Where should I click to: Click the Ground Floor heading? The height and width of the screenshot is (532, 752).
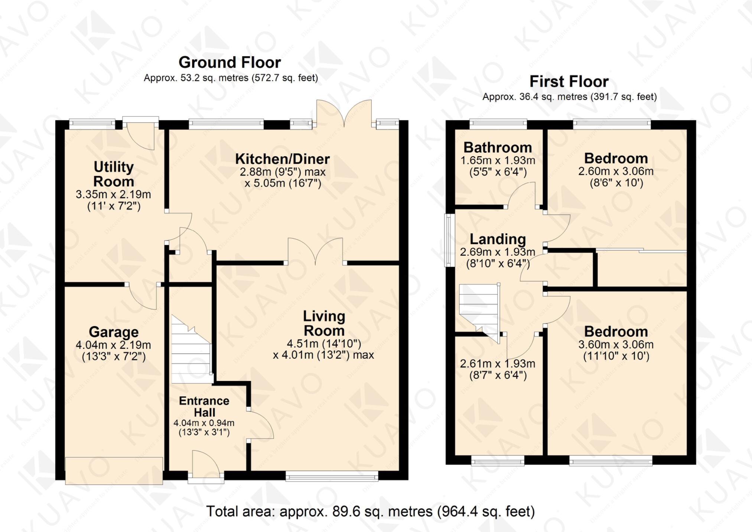click(229, 62)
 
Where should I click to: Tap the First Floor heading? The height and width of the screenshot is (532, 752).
click(569, 81)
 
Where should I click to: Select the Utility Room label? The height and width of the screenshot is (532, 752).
click(114, 174)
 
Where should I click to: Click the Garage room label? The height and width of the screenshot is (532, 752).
click(114, 332)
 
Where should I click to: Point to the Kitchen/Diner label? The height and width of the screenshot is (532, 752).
click(282, 159)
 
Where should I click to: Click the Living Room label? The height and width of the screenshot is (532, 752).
click(324, 323)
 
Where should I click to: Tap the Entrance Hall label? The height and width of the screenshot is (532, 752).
click(204, 406)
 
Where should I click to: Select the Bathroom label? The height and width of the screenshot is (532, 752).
click(498, 148)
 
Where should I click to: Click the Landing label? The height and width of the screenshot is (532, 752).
click(498, 239)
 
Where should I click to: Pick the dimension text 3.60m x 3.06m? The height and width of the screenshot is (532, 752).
click(616, 345)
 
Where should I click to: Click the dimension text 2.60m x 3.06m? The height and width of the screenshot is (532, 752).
click(616, 171)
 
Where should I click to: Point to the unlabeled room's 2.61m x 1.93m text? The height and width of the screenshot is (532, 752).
click(498, 364)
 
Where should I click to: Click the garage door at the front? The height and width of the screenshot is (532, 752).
click(114, 471)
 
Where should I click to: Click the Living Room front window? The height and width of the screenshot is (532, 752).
click(332, 476)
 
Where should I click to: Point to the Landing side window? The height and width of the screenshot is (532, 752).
click(450, 240)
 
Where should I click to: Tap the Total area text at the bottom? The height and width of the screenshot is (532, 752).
click(370, 512)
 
